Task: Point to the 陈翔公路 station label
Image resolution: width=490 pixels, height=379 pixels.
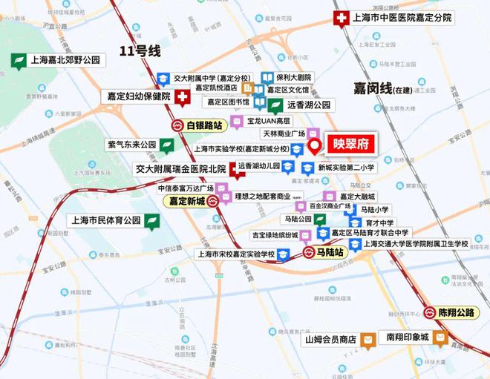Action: (x=454, y=313)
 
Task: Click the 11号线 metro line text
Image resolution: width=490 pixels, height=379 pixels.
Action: (x=140, y=51)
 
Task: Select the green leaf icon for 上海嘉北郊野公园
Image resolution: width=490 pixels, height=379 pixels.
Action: (x=18, y=61)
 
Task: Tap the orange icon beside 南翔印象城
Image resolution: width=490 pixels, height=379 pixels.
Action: (x=441, y=338)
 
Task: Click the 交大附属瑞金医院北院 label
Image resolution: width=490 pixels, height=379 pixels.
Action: (x=180, y=169)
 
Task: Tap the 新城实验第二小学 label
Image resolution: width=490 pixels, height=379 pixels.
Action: (x=347, y=168)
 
